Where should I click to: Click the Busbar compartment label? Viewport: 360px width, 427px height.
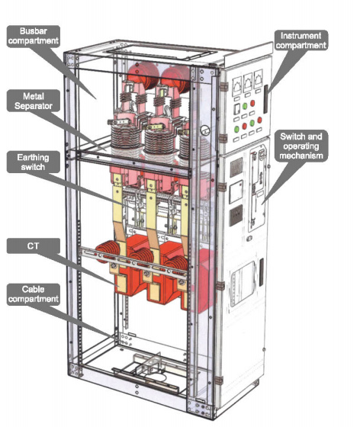(x=34, y=37)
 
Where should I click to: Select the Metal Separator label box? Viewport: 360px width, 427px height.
(x=34, y=101)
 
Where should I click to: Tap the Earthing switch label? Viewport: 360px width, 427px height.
(x=34, y=162)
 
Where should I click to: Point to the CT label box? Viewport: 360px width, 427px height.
(x=34, y=246)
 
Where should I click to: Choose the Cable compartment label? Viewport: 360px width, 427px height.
(x=34, y=294)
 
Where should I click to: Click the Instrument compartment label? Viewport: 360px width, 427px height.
(x=301, y=40)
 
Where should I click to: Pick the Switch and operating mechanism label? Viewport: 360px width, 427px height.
(x=301, y=146)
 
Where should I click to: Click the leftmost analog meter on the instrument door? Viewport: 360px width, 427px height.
(x=237, y=85)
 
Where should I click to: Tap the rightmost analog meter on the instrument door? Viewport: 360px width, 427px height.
(x=258, y=79)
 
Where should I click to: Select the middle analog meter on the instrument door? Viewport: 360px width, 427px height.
(x=248, y=82)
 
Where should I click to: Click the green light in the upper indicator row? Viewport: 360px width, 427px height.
(x=245, y=106)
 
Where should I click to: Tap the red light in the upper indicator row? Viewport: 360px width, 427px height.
(x=252, y=103)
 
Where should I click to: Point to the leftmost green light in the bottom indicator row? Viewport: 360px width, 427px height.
(x=237, y=129)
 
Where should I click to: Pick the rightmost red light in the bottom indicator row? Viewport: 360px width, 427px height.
(x=259, y=120)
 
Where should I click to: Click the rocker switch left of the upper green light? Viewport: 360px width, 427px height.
(x=237, y=109)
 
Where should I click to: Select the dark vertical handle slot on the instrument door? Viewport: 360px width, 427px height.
(x=265, y=99)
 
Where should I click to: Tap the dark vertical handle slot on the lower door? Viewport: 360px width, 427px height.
(x=261, y=272)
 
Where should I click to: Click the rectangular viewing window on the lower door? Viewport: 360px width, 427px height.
(x=243, y=284)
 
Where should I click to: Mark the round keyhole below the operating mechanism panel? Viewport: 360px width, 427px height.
(x=249, y=239)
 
